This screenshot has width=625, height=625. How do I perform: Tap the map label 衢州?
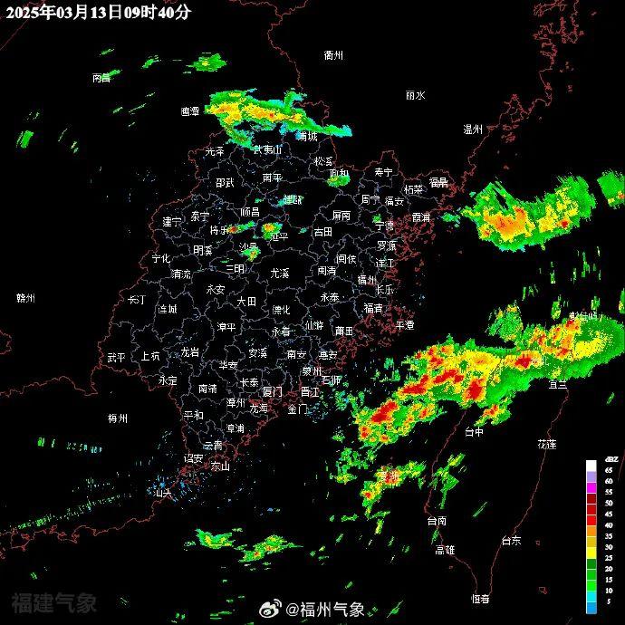click(333, 55)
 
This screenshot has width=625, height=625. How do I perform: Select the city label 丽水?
click(415, 95)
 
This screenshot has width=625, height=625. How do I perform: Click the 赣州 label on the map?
click(25, 298)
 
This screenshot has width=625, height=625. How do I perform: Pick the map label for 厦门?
click(272, 391)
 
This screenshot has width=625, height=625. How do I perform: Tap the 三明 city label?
click(235, 269)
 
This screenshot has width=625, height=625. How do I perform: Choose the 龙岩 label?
click(189, 351)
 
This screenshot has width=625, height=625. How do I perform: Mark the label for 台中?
click(474, 433)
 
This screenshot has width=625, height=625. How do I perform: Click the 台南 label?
click(437, 521)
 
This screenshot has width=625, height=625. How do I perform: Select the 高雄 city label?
click(445, 549)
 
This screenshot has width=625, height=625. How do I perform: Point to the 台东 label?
click(511, 541)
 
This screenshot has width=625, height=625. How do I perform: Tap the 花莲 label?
click(546, 444)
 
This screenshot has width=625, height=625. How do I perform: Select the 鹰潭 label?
click(189, 111)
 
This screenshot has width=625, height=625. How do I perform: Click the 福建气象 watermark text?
click(54, 601)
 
